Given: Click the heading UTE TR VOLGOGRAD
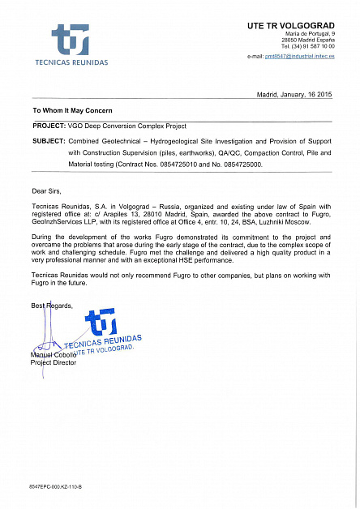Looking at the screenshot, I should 290,26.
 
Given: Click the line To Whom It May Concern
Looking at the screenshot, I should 72,110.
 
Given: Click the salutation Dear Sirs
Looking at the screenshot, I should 47,191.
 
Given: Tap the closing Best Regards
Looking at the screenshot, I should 53,306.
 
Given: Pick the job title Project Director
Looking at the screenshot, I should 53,363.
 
